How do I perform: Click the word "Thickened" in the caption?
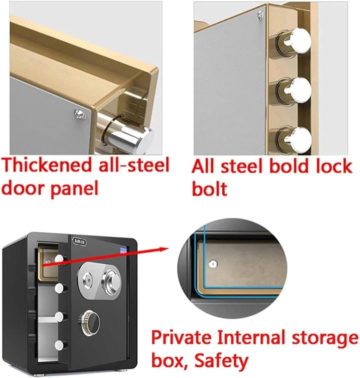coord(48,165)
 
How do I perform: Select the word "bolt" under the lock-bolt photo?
coord(210,188)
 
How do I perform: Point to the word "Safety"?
coord(221,360)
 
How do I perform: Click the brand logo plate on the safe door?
coord(79,241)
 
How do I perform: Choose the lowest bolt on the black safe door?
coord(60,345)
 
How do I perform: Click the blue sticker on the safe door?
coord(123,250)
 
